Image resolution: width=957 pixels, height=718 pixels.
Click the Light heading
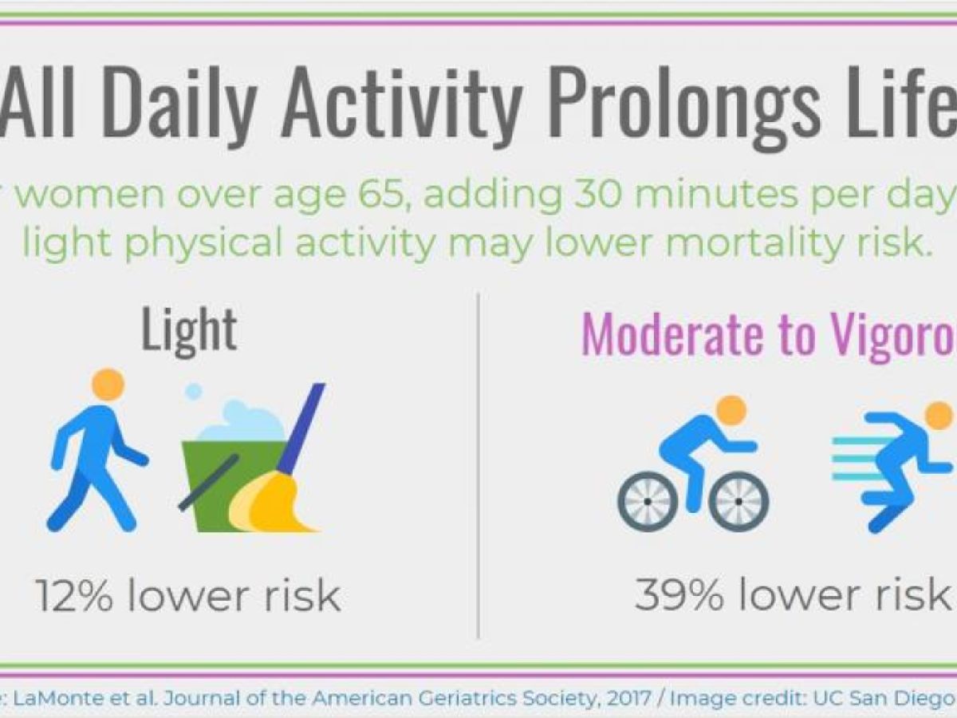[x=189, y=330]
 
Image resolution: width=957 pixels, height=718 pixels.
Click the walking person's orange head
[x=108, y=384]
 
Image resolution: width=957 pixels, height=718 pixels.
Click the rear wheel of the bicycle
[x=647, y=501]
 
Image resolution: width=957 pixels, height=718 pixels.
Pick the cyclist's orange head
[x=731, y=410]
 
